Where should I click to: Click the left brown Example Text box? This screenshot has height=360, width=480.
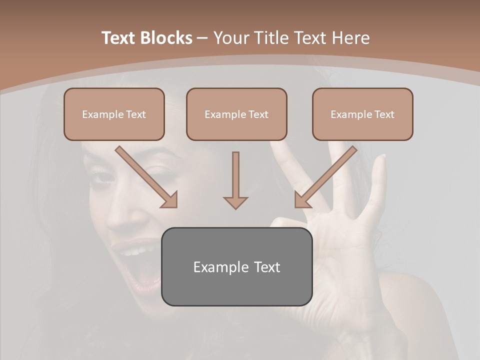point(114,114)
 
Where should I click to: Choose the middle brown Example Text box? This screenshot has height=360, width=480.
point(236,114)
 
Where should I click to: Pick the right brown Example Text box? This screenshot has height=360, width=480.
point(362,114)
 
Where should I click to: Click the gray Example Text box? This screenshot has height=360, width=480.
point(236,266)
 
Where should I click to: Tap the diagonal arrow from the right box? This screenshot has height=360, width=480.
point(325,177)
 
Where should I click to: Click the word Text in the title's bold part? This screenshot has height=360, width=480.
point(119,38)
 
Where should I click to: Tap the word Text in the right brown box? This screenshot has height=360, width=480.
point(384,114)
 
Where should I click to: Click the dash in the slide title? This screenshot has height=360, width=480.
point(202,38)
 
